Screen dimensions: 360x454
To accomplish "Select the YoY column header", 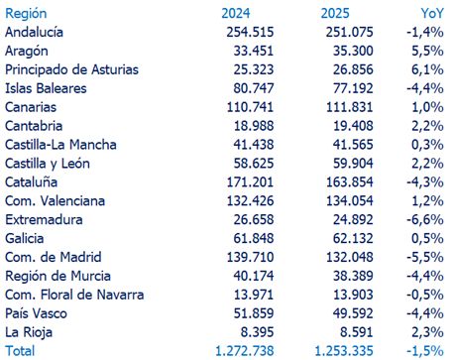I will pos(432,13).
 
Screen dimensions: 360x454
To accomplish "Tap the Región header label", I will pos(27,13).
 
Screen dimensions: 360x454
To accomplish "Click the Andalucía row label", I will pos(37,32).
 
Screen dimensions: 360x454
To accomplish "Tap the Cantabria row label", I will pos(35,126).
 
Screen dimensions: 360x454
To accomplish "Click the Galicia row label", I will pos(26,239).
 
